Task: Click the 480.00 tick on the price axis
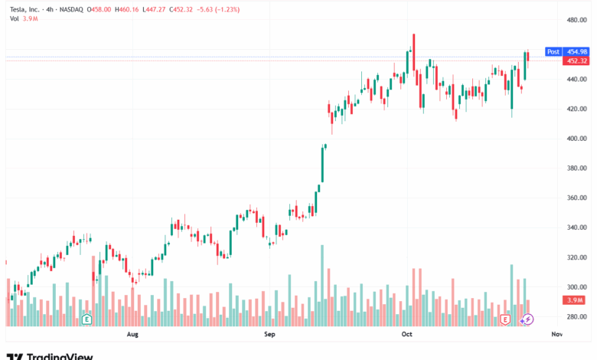tap(576, 20)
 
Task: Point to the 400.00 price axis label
tap(576, 139)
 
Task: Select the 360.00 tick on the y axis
tap(576, 198)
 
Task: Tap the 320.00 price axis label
tap(576, 257)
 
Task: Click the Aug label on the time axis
tap(132, 335)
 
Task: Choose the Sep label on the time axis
tap(269, 335)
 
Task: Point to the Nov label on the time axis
tap(556, 335)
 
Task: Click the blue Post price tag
tap(553, 51)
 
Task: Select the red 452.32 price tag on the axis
tap(576, 61)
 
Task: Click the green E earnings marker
tap(86, 319)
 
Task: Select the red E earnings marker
tap(504, 319)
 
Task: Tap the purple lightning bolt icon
tap(527, 319)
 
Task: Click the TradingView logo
tap(50, 355)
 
